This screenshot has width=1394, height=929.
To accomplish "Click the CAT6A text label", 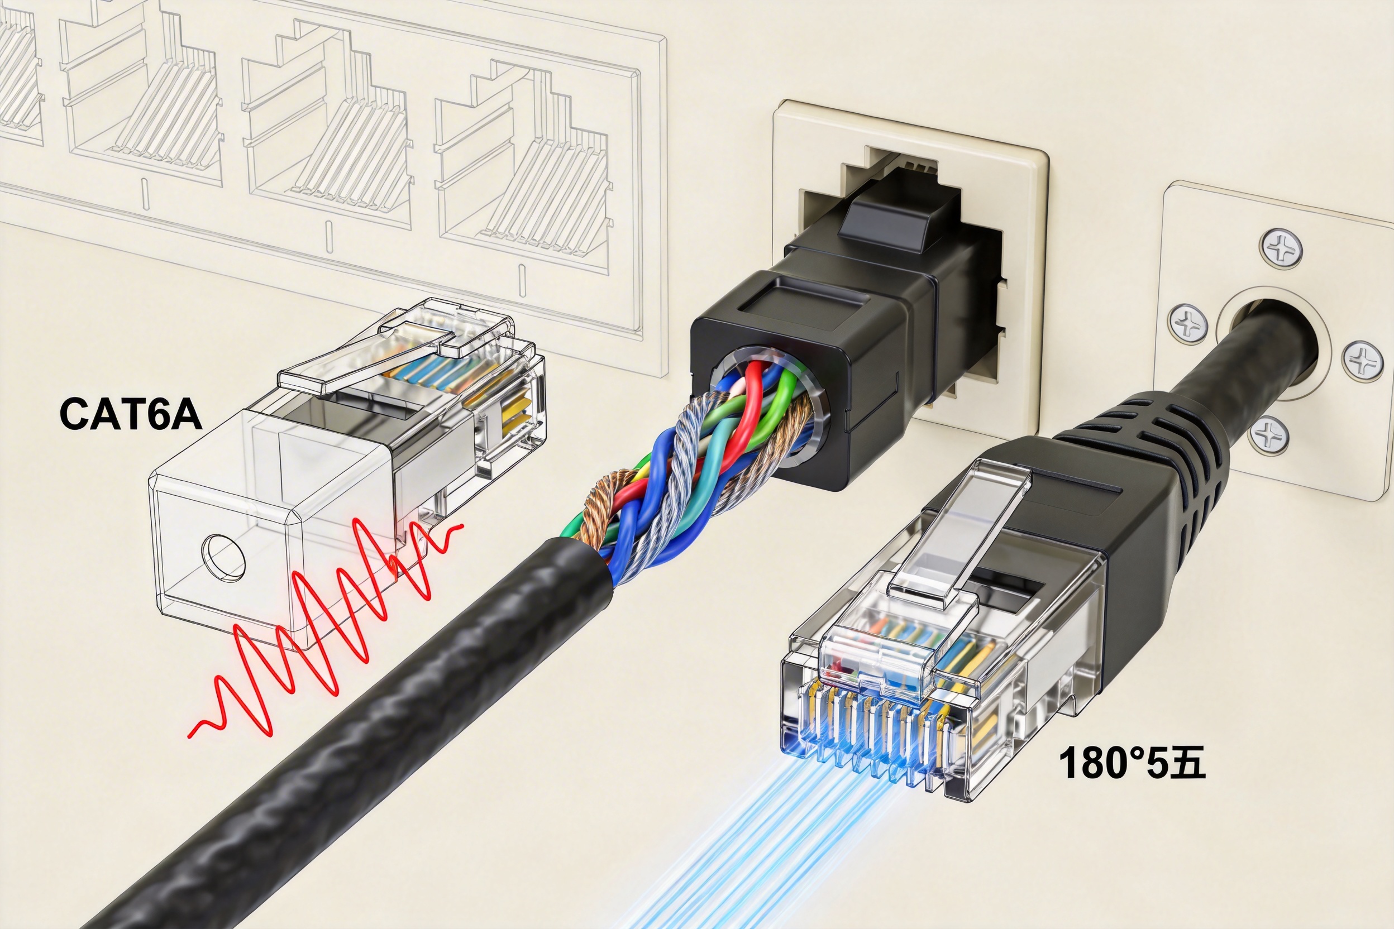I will click(x=130, y=415).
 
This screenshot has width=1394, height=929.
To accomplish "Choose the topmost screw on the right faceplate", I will click(x=1281, y=249).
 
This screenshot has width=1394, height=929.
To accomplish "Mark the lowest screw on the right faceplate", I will click(x=1268, y=435).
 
